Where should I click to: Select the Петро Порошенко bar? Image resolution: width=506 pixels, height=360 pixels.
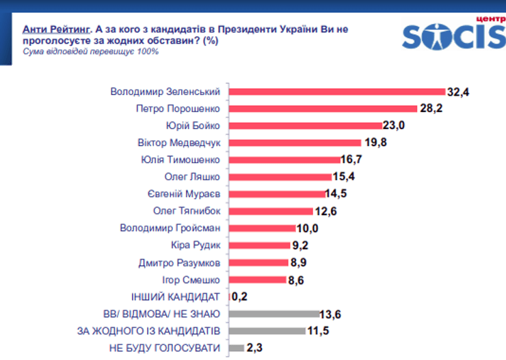[x=322, y=108]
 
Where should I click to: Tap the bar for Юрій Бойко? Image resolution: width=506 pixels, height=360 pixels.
[x=304, y=125]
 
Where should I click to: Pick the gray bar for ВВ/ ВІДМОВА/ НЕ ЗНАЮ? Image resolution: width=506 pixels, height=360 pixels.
[x=274, y=314]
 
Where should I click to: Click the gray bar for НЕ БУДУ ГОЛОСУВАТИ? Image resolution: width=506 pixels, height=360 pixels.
[x=236, y=348]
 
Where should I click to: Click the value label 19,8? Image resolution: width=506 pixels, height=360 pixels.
[x=374, y=142]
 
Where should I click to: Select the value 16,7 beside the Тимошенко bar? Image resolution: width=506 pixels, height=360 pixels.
[x=352, y=159]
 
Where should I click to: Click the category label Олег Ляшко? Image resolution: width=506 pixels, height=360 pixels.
[x=195, y=176]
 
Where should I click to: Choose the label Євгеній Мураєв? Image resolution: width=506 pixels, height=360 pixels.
[x=184, y=193]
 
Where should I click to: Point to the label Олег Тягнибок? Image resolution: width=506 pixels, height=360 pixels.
[x=187, y=210]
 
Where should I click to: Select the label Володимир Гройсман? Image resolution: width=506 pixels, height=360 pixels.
[x=170, y=227]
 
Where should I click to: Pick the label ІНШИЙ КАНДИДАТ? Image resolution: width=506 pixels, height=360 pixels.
[x=175, y=296]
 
